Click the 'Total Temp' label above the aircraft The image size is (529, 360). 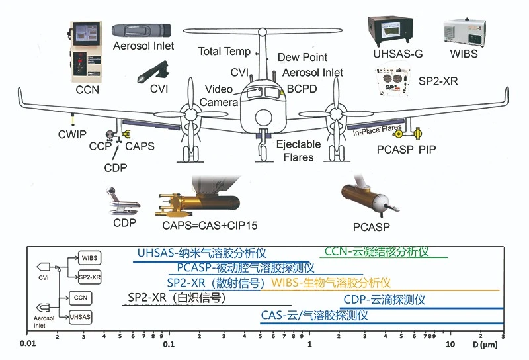[225, 51]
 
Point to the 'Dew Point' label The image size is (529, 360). [302, 58]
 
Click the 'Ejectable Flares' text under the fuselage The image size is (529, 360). [298, 151]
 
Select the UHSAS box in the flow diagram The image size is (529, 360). [81, 318]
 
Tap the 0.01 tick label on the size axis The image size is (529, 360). [27, 344]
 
